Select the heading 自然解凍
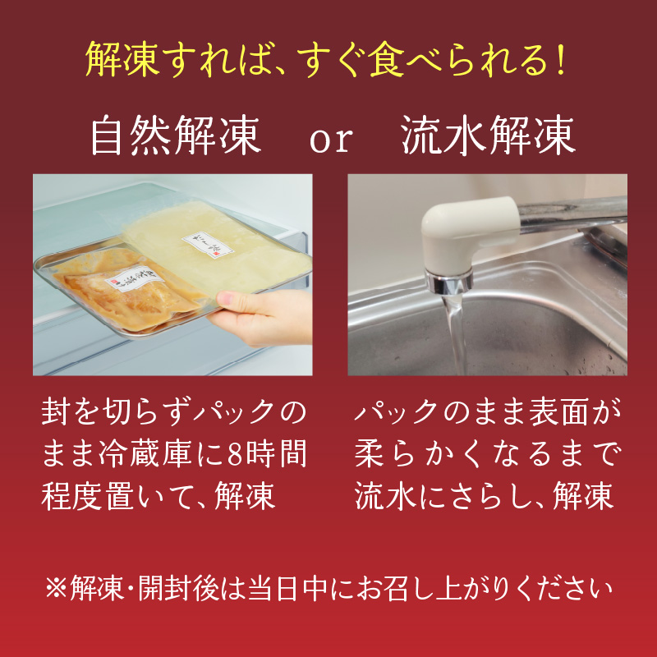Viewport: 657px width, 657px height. pyautogui.click(x=176, y=137)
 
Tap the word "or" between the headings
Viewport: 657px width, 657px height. pyautogui.click(x=330, y=140)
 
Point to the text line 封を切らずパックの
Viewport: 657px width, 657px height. pyautogui.click(x=173, y=411)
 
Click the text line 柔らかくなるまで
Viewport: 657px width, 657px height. pyautogui.click(x=488, y=453)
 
